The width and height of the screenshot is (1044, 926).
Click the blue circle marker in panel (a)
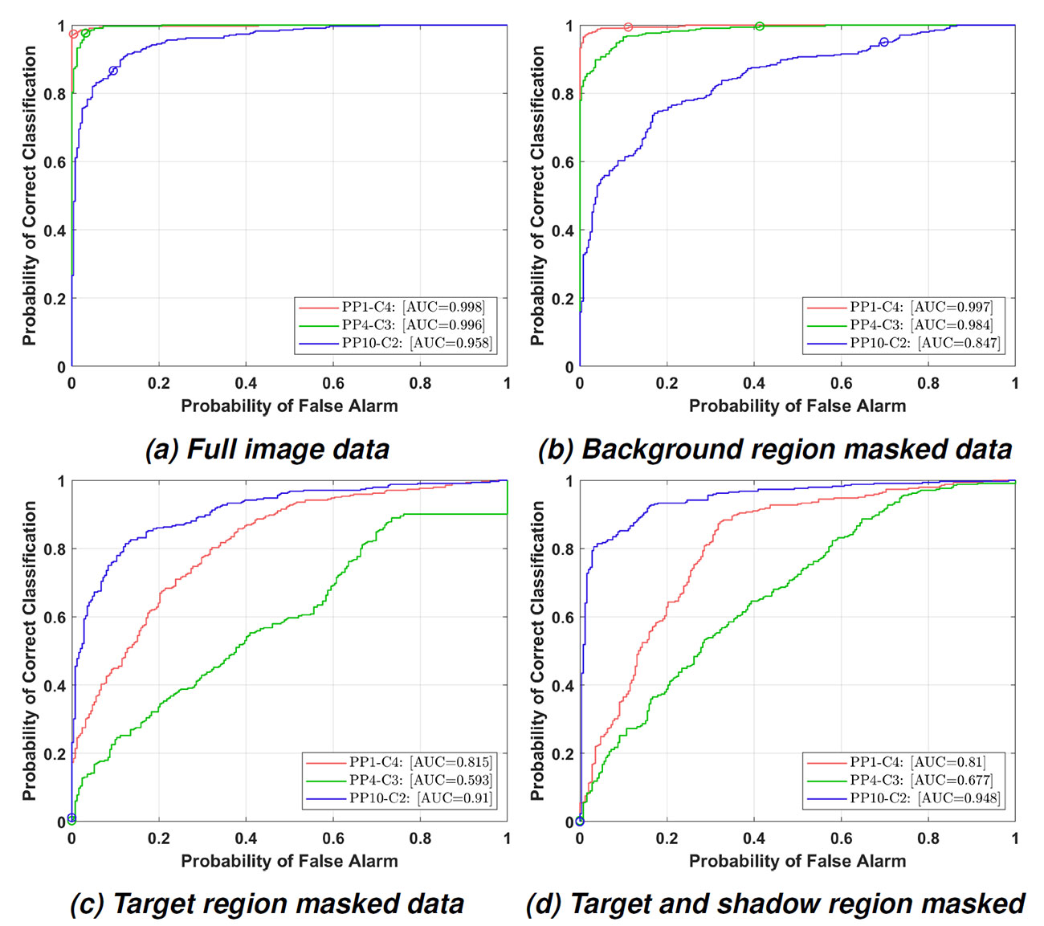pos(113,71)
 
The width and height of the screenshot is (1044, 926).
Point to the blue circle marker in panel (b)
pos(884,42)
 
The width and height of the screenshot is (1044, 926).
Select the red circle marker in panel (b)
pos(628,27)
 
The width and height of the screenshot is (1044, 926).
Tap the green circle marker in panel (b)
pos(760,27)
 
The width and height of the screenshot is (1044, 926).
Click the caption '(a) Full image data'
pos(267,449)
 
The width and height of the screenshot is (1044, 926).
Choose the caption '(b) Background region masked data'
pos(775,449)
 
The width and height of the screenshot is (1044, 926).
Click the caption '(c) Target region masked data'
pos(267,904)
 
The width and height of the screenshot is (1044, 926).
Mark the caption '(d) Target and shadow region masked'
pos(775,904)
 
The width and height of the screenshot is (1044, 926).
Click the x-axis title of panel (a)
pos(289,406)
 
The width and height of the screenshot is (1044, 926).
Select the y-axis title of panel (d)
pos(537,651)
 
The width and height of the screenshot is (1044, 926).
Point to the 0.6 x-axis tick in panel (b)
pos(841,384)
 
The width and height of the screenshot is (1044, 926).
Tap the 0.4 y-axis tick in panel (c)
pos(55,686)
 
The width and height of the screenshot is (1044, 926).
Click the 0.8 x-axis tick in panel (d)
pos(928,838)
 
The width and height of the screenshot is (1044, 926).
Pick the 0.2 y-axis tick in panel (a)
pos(55,299)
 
